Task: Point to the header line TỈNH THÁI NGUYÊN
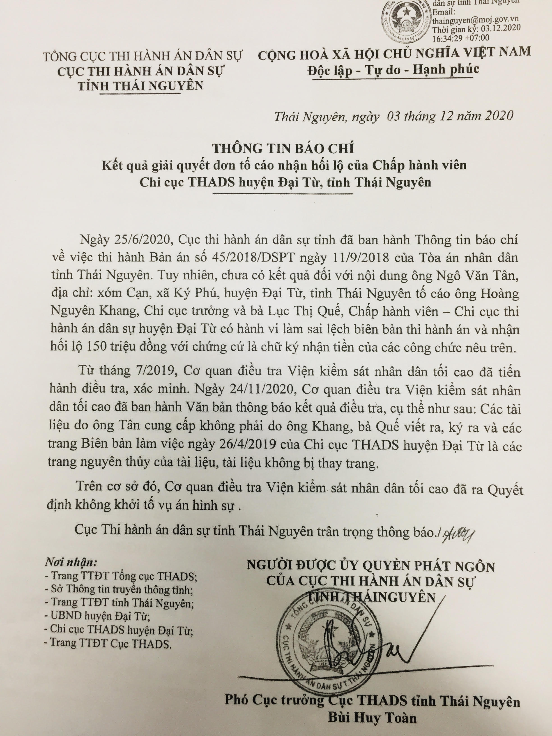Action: click(140, 86)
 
